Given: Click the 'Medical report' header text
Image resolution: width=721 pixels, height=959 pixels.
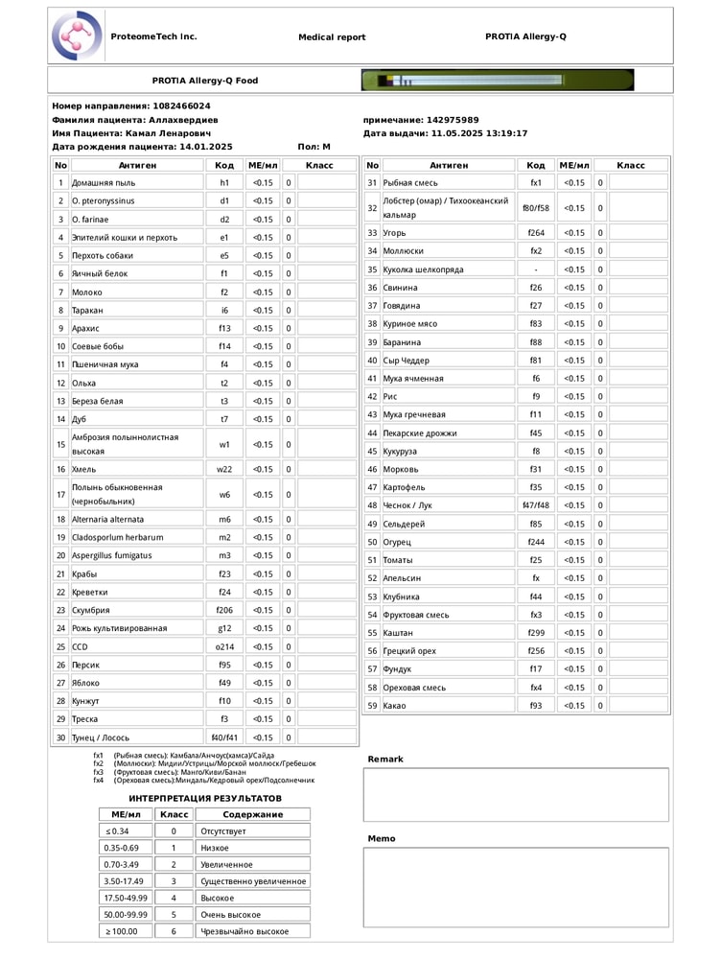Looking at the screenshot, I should point(332,37).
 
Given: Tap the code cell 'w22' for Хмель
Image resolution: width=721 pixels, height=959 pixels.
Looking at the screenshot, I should point(224,470).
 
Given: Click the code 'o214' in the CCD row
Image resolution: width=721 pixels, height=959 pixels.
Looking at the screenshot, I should point(224,647).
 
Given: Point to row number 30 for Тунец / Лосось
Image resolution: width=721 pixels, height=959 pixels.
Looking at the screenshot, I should point(60,738).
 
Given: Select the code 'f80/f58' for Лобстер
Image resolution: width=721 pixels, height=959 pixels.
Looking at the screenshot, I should point(536,208).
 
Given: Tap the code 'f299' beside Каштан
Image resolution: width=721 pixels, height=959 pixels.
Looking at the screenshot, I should point(536,633).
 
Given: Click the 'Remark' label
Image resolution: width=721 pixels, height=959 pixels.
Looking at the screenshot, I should point(385,760).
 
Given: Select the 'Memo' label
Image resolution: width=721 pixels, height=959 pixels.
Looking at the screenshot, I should point(382,839).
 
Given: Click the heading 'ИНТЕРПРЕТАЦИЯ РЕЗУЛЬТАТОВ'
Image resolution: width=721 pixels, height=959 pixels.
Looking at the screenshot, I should point(205,798).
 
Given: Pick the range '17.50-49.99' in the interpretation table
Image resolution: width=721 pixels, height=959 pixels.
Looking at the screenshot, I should point(125,899).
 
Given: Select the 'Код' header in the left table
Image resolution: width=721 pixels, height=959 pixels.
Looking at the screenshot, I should point(224,166).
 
